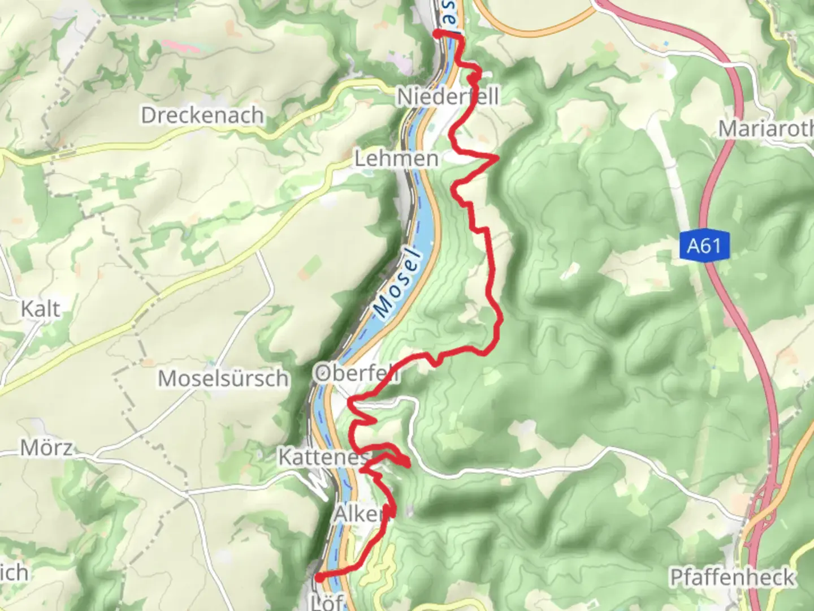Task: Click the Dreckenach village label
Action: pos(202,115)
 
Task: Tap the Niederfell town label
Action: pos(448,96)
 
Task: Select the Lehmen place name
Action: pos(396,158)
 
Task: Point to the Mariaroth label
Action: pos(765,129)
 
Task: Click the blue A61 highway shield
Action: pos(704,246)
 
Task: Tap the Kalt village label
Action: pos(40,309)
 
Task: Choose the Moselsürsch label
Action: pos(223,378)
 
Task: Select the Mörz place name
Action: pos(46,448)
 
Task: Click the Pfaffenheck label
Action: pos(732,578)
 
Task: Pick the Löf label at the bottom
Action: pos(327,602)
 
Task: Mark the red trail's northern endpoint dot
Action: pos(437,35)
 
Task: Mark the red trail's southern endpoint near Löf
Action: pos(319,578)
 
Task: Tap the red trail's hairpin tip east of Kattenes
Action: pos(408,465)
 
